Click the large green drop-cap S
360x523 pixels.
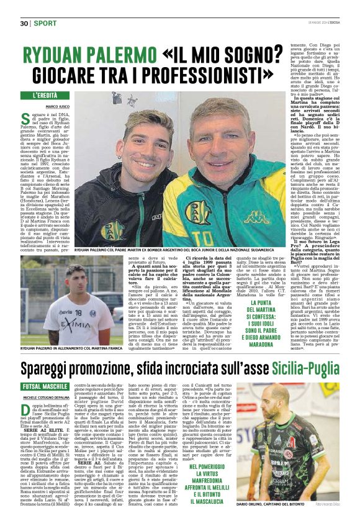pos(25,119)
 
